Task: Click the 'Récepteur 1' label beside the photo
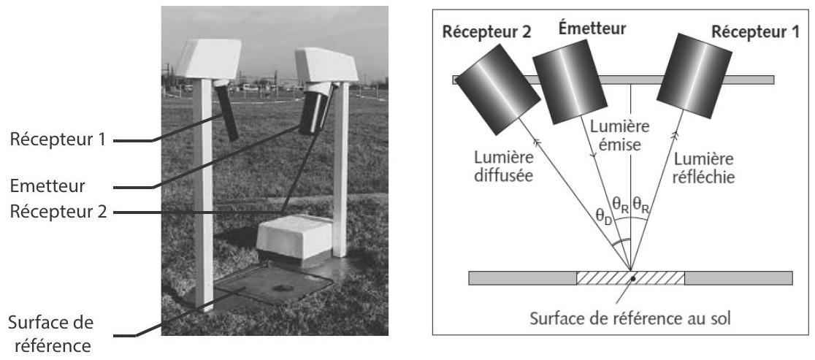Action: tap(58, 139)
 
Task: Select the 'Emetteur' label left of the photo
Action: tap(47, 186)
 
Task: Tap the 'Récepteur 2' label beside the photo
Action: tap(58, 212)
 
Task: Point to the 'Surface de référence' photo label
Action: tap(51, 334)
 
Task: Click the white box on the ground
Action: tap(294, 240)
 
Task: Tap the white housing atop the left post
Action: tap(209, 58)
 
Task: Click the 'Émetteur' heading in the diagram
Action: tap(592, 28)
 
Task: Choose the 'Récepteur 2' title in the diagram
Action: tap(486, 31)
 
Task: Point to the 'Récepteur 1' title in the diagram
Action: tap(755, 31)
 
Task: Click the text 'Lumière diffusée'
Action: tap(504, 166)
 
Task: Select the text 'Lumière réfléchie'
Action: tap(703, 167)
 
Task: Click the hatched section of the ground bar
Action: tap(630, 278)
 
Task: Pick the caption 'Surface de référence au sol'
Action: tap(630, 318)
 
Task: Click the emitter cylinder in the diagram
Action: tap(570, 81)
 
